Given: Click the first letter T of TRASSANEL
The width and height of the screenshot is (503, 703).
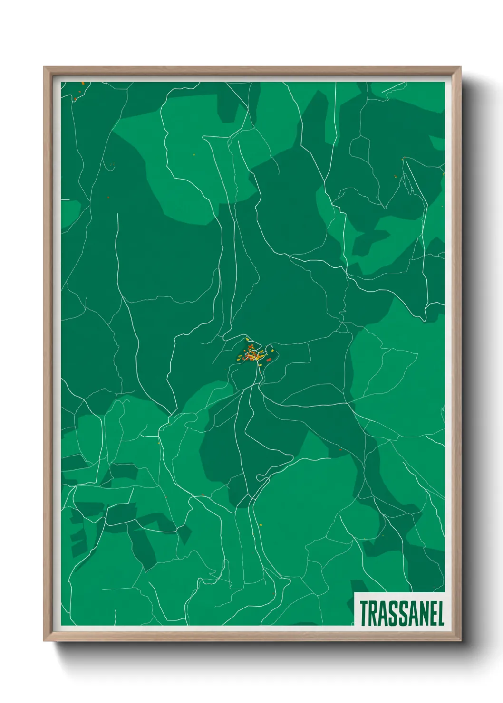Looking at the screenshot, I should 364,613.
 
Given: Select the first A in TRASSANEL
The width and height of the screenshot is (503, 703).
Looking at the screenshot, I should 383,613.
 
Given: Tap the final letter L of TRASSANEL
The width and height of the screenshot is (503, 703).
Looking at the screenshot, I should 440,613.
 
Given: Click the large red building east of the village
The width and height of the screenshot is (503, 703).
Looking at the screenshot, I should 269,360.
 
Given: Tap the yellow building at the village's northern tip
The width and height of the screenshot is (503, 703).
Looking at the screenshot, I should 247,339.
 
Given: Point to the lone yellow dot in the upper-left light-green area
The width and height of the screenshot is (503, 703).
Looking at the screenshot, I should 194,154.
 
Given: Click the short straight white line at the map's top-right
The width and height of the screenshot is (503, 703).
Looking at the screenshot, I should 394,87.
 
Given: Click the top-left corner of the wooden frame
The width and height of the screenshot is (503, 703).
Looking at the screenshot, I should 44,67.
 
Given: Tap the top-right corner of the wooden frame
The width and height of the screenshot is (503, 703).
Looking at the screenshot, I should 460,67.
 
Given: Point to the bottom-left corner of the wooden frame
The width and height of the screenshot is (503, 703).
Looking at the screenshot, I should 44,641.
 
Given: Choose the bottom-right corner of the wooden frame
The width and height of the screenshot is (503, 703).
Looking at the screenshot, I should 460,641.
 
